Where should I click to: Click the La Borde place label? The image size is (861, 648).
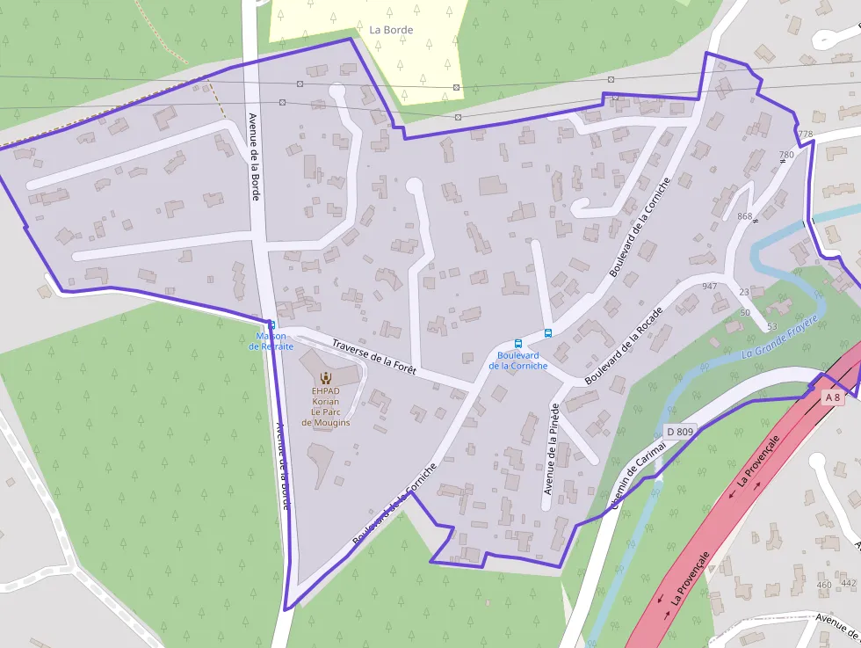pos(391,29)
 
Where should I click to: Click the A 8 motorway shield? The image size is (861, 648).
pos(833,397)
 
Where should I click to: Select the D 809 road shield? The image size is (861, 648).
pos(679,431)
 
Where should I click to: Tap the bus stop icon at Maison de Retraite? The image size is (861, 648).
pos(271,324)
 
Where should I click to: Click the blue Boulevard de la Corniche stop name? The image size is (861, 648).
pos(518,360)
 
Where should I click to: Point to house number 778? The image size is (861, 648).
pos(805,134)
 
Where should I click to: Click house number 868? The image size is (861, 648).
pos(745,216)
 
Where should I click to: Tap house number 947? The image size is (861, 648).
pos(710,287)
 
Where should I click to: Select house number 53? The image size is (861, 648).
pos(771,327)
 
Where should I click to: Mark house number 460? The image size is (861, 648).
pos(823,585)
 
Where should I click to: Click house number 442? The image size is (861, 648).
pos(848,583)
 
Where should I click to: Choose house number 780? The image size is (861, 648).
pos(786,155)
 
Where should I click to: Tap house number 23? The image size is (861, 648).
pos(744,292)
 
